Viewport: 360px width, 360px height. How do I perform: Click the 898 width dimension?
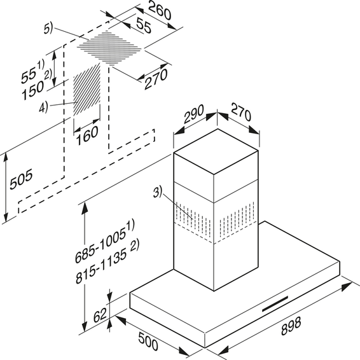pyautogui.click(x=291, y=326)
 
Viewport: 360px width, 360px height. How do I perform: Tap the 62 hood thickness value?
pyautogui.click(x=100, y=315)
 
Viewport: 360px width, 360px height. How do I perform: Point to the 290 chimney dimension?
pyautogui.click(x=194, y=114)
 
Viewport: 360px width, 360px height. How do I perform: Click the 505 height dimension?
pyautogui.click(x=22, y=179)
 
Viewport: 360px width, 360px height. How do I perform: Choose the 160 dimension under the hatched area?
pyautogui.click(x=87, y=135)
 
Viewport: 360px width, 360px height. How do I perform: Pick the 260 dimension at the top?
pyautogui.click(x=160, y=11)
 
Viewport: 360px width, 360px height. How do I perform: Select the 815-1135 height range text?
pyautogui.click(x=107, y=263)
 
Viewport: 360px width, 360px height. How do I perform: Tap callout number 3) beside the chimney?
pyautogui.click(x=158, y=192)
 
